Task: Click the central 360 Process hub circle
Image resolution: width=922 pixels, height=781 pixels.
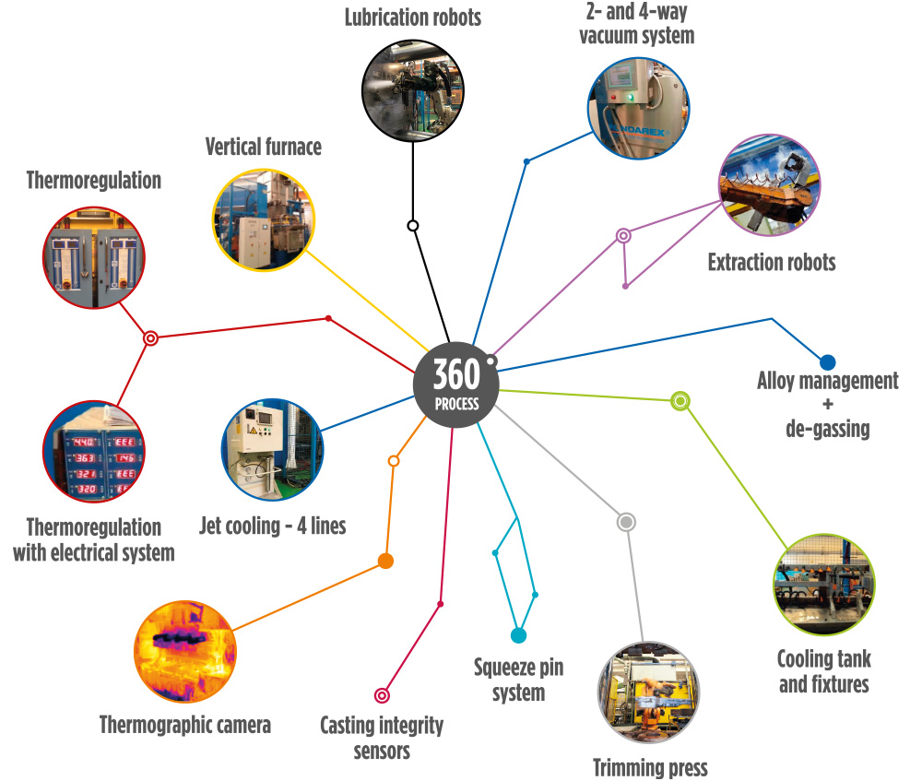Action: pyautogui.click(x=456, y=385)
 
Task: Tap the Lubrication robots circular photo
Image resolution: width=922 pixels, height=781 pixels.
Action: pyautogui.click(x=413, y=90)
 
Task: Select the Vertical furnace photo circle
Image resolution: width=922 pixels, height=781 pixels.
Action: pyautogui.click(x=264, y=220)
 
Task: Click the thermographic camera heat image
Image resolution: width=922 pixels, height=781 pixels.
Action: pyautogui.click(x=185, y=652)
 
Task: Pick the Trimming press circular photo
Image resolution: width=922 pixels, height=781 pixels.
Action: pyautogui.click(x=648, y=692)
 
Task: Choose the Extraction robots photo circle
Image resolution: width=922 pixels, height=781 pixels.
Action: pyautogui.click(x=770, y=185)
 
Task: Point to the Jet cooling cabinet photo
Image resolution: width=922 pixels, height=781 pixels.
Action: pyautogui.click(x=272, y=450)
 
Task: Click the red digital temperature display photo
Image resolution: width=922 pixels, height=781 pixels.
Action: pyautogui.click(x=94, y=452)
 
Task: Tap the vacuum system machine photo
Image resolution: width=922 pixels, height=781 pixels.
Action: pyautogui.click(x=639, y=108)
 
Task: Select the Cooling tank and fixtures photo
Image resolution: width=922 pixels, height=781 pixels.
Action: pyautogui.click(x=823, y=585)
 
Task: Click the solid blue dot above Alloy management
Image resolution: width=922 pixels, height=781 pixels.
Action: pyautogui.click(x=827, y=362)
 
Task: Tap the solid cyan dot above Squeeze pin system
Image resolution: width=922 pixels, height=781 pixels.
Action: pyautogui.click(x=518, y=635)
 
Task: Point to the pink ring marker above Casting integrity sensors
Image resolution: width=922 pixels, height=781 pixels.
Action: pyautogui.click(x=383, y=696)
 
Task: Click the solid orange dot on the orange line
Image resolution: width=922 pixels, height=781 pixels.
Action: pyautogui.click(x=385, y=561)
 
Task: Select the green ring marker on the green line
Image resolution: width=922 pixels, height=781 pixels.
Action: pyautogui.click(x=680, y=401)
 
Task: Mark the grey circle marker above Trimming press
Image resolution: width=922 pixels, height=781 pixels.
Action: pyautogui.click(x=626, y=522)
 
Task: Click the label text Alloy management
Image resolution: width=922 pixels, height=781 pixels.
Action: pyautogui.click(x=827, y=381)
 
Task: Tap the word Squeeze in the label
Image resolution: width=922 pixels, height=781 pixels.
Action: pyautogui.click(x=504, y=669)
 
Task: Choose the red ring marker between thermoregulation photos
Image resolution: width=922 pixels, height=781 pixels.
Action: pyautogui.click(x=150, y=338)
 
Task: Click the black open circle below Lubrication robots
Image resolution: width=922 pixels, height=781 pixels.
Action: pyautogui.click(x=413, y=225)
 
